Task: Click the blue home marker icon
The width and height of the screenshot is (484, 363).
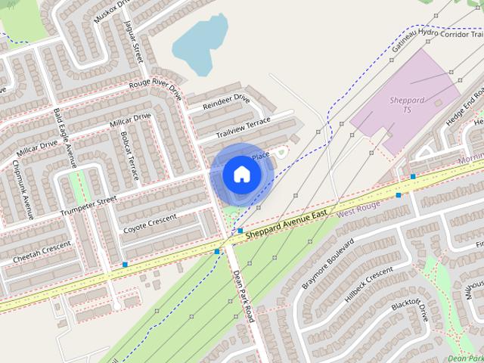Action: pyautogui.click(x=241, y=174)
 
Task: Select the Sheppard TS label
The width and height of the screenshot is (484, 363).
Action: pyautogui.click(x=407, y=105)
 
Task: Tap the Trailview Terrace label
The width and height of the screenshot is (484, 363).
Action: pyautogui.click(x=243, y=127)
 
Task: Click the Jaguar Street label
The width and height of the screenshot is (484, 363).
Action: pyautogui.click(x=137, y=42)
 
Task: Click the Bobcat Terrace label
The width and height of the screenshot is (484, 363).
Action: pyautogui.click(x=129, y=155)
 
